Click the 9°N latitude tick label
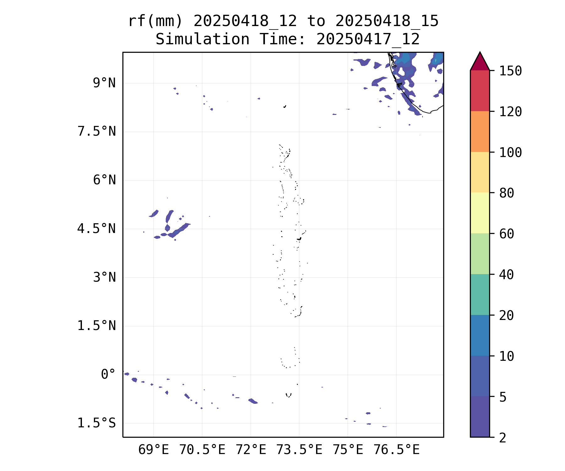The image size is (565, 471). [x=104, y=83]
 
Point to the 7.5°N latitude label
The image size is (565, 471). [x=97, y=132]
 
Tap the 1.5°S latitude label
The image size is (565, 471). [x=97, y=423]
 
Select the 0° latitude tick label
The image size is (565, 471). [x=108, y=375]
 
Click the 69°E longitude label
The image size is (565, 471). [x=153, y=450]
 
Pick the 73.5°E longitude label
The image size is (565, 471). [x=299, y=450]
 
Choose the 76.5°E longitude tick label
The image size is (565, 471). [x=396, y=450]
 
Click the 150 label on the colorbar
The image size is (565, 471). [x=510, y=71]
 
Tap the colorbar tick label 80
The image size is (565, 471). [x=507, y=193]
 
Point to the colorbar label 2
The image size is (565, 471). [x=503, y=438]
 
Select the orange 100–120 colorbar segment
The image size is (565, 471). [x=480, y=132]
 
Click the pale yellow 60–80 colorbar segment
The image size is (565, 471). [x=480, y=213]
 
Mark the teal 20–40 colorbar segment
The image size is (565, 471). [x=480, y=295]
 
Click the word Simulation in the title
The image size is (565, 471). [x=202, y=40]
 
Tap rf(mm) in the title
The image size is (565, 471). [x=155, y=21]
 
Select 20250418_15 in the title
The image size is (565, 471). [x=387, y=21]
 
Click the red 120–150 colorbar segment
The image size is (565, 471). [x=480, y=91]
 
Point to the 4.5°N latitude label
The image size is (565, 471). [x=97, y=229]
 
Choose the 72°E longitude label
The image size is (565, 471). [x=251, y=450]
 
